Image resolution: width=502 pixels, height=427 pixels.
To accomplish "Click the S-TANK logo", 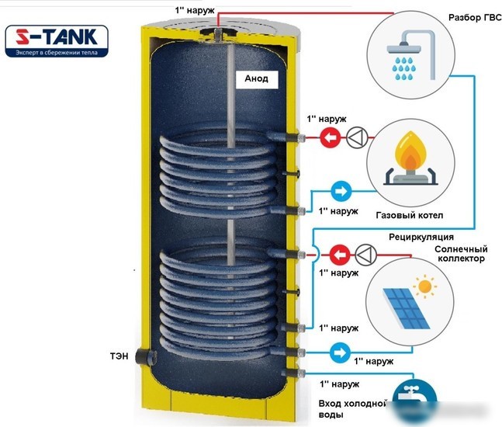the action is [x=57, y=41].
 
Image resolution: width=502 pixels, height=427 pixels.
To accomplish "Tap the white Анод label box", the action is [x=257, y=79].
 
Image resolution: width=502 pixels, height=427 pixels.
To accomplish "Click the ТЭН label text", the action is [x=119, y=356].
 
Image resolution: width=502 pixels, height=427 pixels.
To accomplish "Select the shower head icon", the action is [x=411, y=55].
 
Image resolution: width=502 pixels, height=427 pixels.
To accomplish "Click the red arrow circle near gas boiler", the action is [x=330, y=137].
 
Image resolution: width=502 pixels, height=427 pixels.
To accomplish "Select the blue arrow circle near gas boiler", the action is [x=341, y=191].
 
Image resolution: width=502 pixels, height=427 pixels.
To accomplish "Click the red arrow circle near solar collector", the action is [x=340, y=255].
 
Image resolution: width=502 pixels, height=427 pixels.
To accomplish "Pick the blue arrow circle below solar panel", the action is [x=340, y=352].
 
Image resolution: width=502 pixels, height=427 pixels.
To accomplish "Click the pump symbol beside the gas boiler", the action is [x=357, y=137].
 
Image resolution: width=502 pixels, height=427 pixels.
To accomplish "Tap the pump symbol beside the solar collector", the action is [x=365, y=255].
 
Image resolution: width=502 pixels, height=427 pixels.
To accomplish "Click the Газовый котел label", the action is [x=410, y=215].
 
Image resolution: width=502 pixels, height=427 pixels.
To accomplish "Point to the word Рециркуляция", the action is [x=421, y=237].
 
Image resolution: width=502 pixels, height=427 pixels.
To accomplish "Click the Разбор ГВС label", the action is [x=475, y=18].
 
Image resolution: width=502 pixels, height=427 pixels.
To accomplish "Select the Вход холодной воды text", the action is [x=352, y=409].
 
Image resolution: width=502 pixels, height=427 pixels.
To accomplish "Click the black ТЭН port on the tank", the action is [x=145, y=356].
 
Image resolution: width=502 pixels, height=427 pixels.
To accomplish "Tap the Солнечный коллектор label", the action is [x=461, y=254].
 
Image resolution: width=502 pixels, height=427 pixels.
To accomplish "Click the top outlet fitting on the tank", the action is [x=218, y=33].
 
